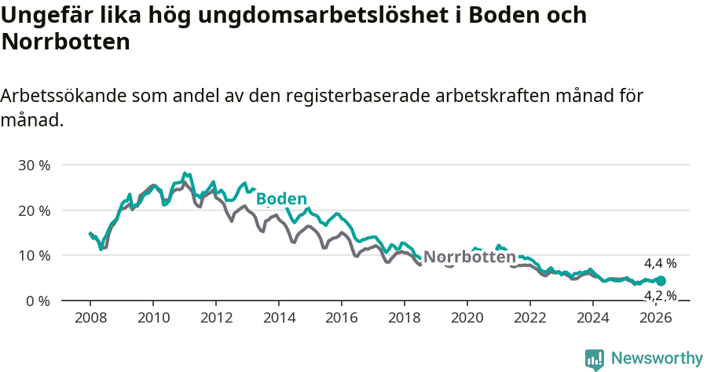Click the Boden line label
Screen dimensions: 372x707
280,199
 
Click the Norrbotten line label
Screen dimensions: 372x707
470,257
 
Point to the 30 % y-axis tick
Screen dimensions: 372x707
35,166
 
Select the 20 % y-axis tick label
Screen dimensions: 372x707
35,210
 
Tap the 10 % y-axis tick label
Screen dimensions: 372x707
35,256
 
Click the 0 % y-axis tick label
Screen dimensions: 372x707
38,301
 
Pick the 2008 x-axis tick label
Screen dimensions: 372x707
90,318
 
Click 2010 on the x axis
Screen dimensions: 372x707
153,318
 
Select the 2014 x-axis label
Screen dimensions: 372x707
279,318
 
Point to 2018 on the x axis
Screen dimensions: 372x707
405,318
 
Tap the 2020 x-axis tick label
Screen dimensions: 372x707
467,318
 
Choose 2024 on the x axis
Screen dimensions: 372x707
593,318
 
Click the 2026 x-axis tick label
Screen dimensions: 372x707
656,318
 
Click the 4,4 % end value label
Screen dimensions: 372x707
660,264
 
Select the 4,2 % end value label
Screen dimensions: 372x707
660,295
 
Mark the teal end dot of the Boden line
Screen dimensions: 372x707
661,281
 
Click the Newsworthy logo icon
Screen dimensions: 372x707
595,359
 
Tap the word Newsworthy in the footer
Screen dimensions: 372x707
656,359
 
